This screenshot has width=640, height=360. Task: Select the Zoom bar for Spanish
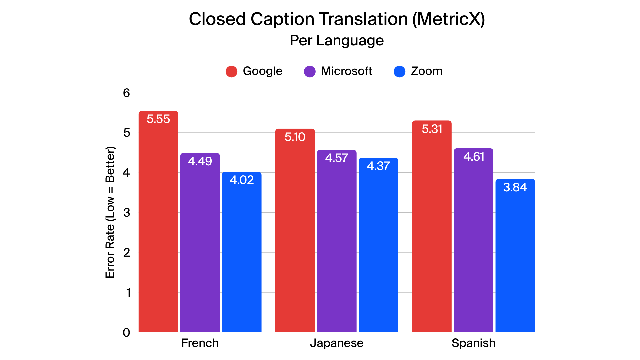click(x=515, y=260)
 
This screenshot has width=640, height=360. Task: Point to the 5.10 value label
click(x=295, y=137)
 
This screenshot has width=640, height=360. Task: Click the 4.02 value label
click(x=242, y=180)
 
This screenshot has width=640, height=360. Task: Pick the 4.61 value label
click(x=474, y=157)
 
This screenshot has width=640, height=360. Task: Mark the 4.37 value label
click(x=378, y=166)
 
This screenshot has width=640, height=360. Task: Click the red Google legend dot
click(x=231, y=71)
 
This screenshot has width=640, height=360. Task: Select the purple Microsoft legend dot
click(x=310, y=71)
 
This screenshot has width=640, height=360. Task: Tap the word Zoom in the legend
click(x=427, y=71)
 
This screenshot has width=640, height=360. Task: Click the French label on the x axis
click(x=200, y=343)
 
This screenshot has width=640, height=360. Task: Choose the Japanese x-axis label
click(x=337, y=343)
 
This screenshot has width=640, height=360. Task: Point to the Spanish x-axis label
click(x=473, y=343)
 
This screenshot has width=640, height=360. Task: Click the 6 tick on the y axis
click(x=126, y=93)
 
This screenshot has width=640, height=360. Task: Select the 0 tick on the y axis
click(x=126, y=332)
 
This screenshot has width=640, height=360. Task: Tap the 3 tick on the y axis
click(x=126, y=212)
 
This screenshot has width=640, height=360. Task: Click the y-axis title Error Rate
click(x=110, y=212)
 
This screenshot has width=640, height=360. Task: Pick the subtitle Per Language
click(x=337, y=41)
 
